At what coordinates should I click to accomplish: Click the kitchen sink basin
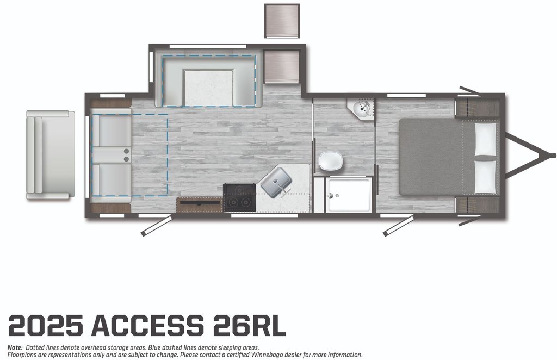(x=276, y=182)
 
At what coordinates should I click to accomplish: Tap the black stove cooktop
(x=239, y=197)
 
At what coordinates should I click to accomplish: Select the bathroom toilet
(x=330, y=161)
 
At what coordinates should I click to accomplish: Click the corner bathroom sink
(x=362, y=109)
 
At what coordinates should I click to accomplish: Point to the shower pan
(x=349, y=195)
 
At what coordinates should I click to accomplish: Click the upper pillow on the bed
(x=485, y=139)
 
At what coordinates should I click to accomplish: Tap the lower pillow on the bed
(x=485, y=176)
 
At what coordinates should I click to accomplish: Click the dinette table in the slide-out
(x=208, y=88)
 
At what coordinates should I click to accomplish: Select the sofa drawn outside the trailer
(x=51, y=155)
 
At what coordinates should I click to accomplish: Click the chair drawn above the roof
(x=282, y=21)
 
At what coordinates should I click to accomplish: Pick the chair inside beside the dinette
(x=282, y=66)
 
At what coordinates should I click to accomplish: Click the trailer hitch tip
(x=553, y=155)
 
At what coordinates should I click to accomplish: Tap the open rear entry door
(x=156, y=225)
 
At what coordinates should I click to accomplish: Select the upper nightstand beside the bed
(x=477, y=108)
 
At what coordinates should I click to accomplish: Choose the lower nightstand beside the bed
(x=477, y=204)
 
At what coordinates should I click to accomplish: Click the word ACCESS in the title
(x=147, y=326)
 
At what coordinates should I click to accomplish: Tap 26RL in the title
(x=250, y=326)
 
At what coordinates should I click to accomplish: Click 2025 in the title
(x=46, y=326)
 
